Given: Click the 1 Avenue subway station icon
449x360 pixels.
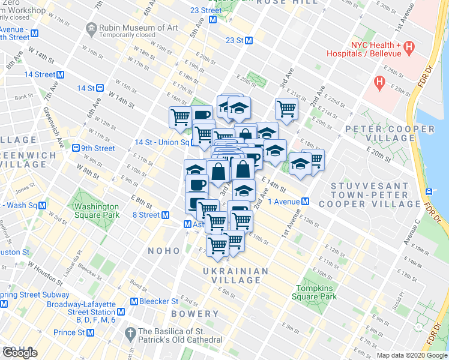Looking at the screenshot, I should click(x=306, y=201).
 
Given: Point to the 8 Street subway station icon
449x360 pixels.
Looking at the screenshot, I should click(x=165, y=215).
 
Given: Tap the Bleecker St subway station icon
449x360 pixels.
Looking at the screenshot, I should click(x=134, y=301).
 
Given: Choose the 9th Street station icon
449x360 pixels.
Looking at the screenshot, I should click(x=76, y=148).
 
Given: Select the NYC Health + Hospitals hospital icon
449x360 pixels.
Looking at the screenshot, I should click(x=409, y=46).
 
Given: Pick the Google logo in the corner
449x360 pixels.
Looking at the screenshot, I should click(x=20, y=352).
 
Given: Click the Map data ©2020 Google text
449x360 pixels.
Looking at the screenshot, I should click(x=412, y=356).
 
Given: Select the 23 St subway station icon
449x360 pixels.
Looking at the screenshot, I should click(x=248, y=40).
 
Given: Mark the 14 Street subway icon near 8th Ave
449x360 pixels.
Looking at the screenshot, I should click(x=60, y=74).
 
